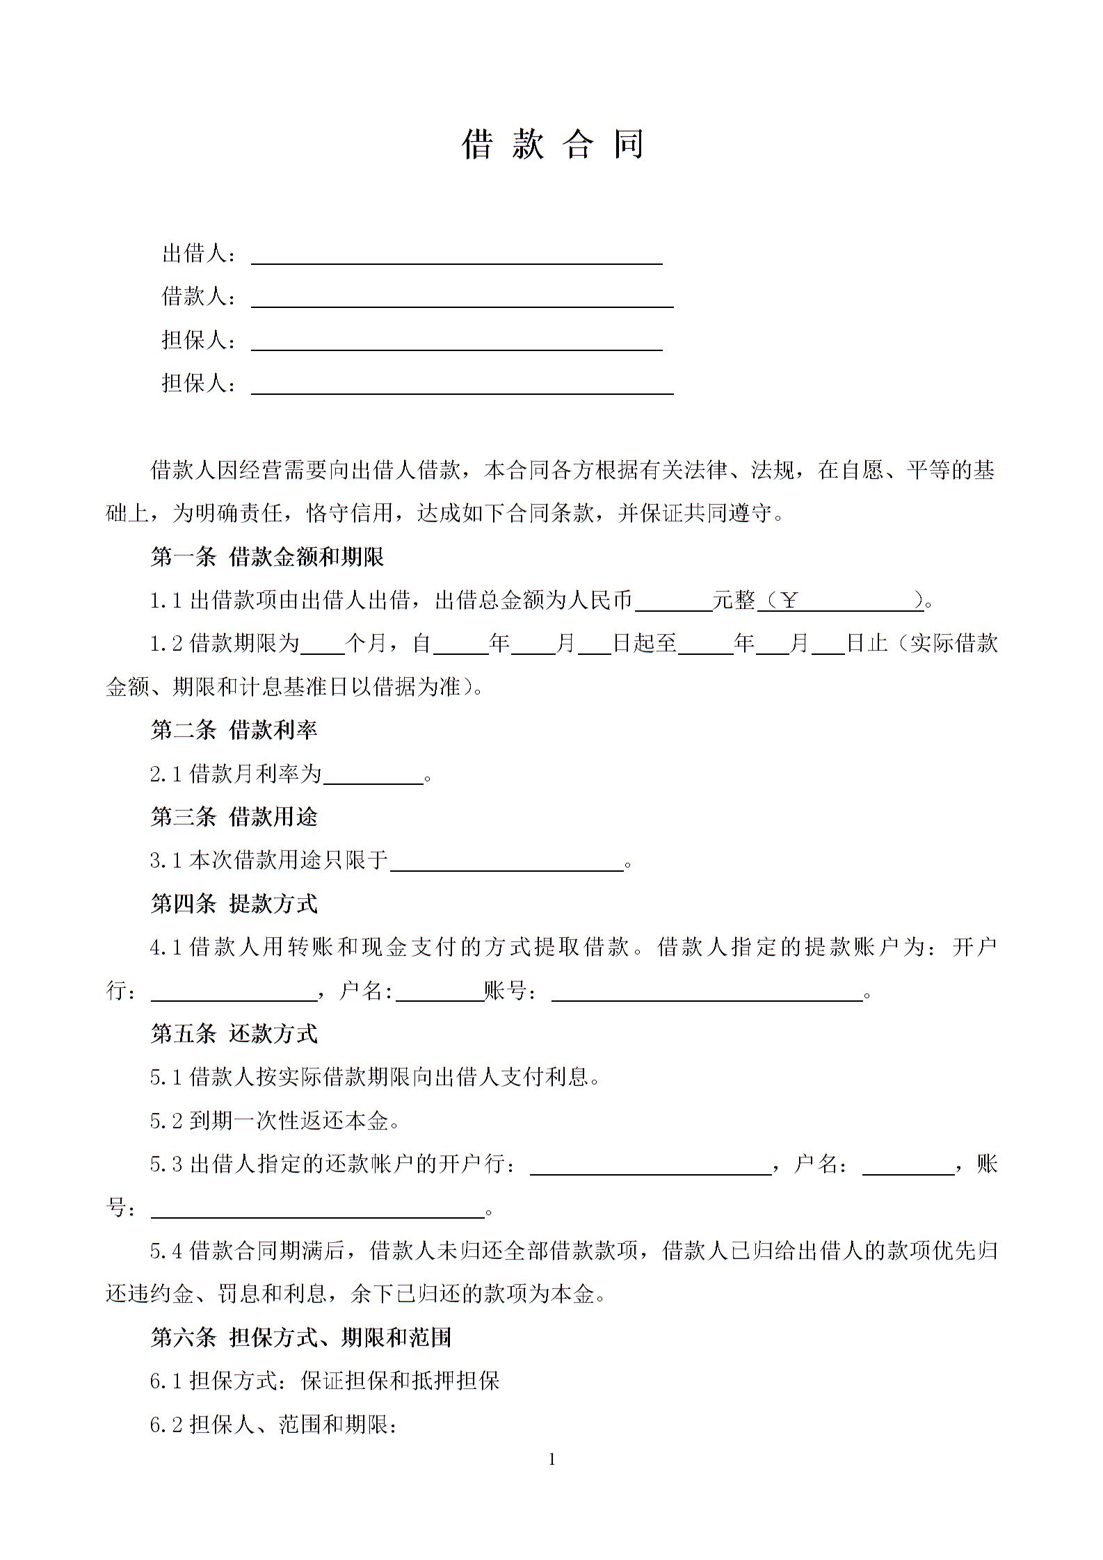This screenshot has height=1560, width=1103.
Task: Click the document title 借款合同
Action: (553, 145)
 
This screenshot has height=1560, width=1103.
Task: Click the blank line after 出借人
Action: (456, 256)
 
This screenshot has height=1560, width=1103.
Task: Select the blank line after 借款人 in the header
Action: (462, 299)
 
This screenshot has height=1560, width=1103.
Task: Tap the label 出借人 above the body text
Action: (195, 254)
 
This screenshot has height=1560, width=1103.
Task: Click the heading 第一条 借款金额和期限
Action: (267, 556)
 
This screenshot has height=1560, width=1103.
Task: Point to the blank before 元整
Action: (673, 602)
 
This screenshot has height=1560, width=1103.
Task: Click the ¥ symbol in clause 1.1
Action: (789, 600)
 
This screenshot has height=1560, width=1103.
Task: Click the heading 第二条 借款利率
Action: (234, 730)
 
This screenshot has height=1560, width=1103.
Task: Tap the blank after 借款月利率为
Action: (373, 776)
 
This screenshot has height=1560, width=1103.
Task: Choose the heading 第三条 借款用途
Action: (234, 817)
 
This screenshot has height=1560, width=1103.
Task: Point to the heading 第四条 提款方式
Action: (234, 904)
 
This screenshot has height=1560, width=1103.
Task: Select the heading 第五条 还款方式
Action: (234, 1034)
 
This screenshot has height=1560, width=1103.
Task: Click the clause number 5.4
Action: (166, 1251)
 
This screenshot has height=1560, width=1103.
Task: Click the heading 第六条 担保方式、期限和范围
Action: (301, 1337)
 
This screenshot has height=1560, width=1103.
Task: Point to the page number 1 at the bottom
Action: (552, 1460)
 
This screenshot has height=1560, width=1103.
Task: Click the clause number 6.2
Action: (166, 1425)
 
